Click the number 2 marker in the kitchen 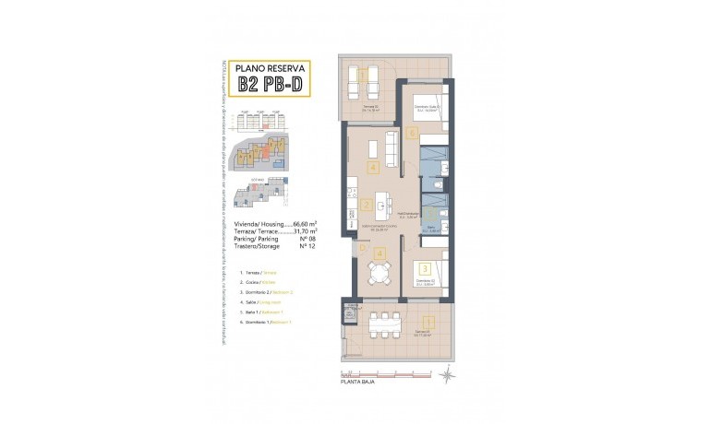coord(367,206)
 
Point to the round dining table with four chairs coord(378,269)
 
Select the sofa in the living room coord(391,147)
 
